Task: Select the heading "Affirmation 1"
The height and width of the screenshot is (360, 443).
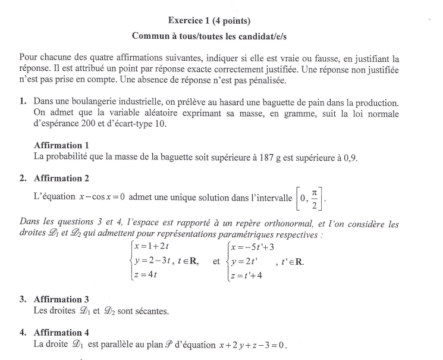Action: point(61,145)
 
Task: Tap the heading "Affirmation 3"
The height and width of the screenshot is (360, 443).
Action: point(61,299)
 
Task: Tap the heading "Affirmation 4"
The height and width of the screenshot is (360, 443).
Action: point(61,333)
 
